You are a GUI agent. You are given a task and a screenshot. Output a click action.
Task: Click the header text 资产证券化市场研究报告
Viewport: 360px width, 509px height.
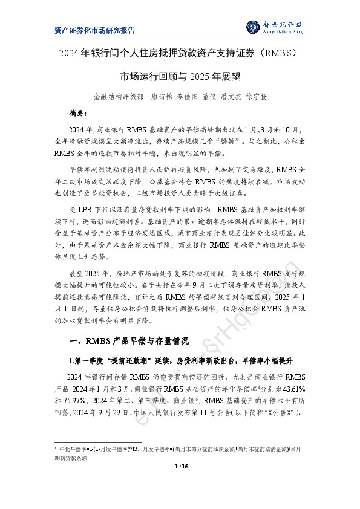94,30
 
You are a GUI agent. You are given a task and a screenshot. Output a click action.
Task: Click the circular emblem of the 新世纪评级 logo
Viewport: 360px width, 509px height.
252,27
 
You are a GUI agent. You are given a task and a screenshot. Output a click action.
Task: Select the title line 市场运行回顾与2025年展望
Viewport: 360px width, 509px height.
180,77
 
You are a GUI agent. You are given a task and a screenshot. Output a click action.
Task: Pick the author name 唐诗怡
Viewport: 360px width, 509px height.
162,96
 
